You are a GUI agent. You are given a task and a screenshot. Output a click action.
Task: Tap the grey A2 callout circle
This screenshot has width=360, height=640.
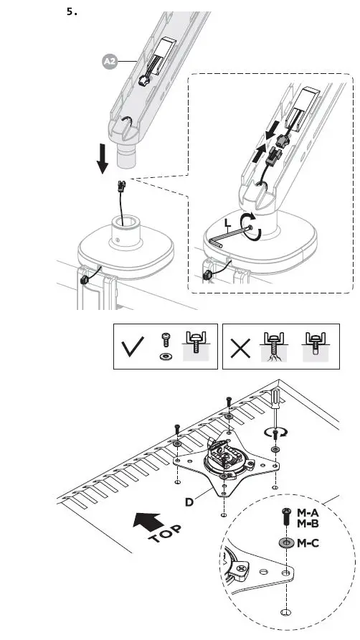click(110, 63)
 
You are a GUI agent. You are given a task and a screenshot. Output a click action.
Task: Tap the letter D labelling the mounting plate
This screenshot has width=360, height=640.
click(189, 502)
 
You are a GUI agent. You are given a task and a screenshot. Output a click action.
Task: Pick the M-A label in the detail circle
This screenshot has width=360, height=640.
click(308, 514)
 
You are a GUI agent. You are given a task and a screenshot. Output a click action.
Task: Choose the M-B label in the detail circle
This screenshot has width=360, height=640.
click(308, 524)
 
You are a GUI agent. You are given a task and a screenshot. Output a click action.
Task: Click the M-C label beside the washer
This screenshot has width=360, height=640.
click(309, 543)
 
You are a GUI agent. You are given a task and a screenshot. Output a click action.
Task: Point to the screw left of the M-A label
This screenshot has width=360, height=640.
click(286, 518)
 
